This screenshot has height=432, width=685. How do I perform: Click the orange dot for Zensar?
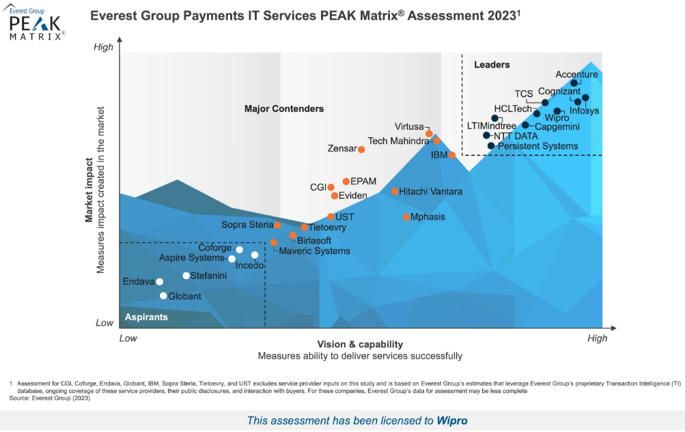pyautogui.click(x=361, y=149)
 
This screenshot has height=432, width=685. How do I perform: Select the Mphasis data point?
pyautogui.click(x=406, y=217)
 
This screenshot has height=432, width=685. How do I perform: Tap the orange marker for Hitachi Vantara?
pyautogui.click(x=395, y=192)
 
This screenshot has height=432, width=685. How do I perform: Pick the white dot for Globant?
pyautogui.click(x=163, y=296)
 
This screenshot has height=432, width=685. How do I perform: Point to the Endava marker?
pyautogui.click(x=159, y=282)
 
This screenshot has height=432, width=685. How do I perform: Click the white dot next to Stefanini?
pyautogui.click(x=186, y=276)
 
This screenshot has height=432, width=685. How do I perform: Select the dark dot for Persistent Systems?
pyautogui.click(x=490, y=146)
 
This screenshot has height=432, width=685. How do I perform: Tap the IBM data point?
pyautogui.click(x=452, y=155)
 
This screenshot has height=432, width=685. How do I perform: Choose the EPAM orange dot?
pyautogui.click(x=346, y=182)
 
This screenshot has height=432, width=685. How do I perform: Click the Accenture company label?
pyautogui.click(x=576, y=74)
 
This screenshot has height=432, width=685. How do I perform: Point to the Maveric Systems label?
pyautogui.click(x=314, y=251)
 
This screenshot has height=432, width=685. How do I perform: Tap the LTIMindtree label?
pyautogui.click(x=492, y=126)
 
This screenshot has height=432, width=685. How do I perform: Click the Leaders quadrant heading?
pyautogui.click(x=492, y=65)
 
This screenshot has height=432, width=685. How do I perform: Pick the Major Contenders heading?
pyautogui.click(x=284, y=109)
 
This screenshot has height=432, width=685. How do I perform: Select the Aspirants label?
pyautogui.click(x=146, y=317)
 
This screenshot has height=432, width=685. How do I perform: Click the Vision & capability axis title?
pyautogui.click(x=360, y=344)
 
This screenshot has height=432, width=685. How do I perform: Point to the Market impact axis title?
pyautogui.click(x=89, y=190)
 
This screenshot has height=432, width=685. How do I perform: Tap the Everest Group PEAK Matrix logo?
pyautogui.click(x=36, y=23)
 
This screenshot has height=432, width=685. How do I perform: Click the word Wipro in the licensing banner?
pyautogui.click(x=452, y=420)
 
